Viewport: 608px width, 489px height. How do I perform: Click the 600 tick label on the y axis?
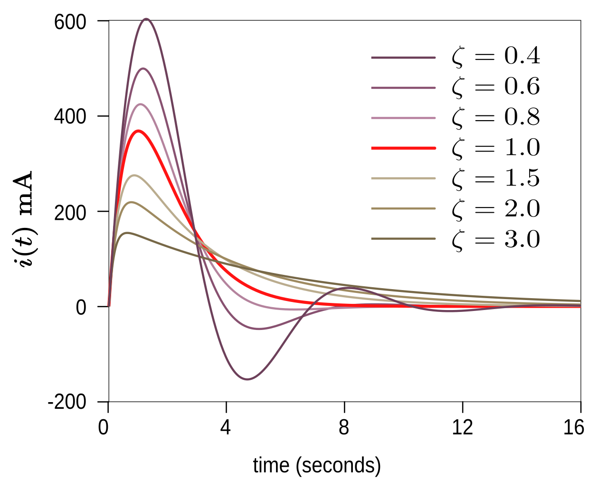pyautogui.click(x=70, y=22)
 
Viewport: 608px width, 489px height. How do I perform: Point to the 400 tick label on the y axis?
pyautogui.click(x=70, y=116)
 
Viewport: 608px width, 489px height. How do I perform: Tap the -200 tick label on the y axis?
pyautogui.click(x=67, y=402)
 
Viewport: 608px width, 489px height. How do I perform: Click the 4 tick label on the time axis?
pyautogui.click(x=226, y=427)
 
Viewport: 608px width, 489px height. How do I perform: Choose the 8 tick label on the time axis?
pyautogui.click(x=344, y=427)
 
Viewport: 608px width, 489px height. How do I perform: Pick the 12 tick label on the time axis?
pyautogui.click(x=462, y=427)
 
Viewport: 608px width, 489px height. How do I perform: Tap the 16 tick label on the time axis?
pyautogui.click(x=573, y=427)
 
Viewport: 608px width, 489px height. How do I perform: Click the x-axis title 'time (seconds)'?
pyautogui.click(x=317, y=466)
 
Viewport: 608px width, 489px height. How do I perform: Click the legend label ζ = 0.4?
pyautogui.click(x=496, y=57)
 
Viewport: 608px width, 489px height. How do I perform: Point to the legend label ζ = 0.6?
pyautogui.click(x=496, y=87)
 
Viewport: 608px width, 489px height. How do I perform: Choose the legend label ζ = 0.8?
pyautogui.click(x=496, y=118)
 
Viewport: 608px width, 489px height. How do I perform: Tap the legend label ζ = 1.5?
pyautogui.click(x=496, y=178)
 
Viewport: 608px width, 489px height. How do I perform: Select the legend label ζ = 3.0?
pyautogui.click(x=496, y=239)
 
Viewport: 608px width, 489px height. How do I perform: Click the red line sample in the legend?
pyautogui.click(x=403, y=148)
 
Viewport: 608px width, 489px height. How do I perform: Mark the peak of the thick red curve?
pyautogui.click(x=138, y=131)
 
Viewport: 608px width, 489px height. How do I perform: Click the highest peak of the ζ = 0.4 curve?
pyautogui.click(x=146, y=19)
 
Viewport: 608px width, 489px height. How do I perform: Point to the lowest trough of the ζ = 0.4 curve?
pyautogui.click(x=247, y=379)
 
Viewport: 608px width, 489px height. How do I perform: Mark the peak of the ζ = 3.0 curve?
pyautogui.click(x=127, y=233)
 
